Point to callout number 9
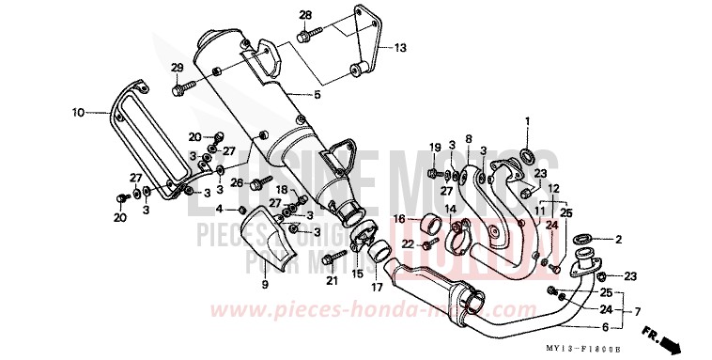click(x=265, y=284)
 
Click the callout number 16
click(x=399, y=219)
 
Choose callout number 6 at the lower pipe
click(x=605, y=326)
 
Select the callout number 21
click(x=331, y=280)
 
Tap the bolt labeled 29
click(x=182, y=89)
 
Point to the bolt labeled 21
click(x=329, y=257)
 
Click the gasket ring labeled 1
click(x=528, y=155)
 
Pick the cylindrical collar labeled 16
click(x=432, y=227)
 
